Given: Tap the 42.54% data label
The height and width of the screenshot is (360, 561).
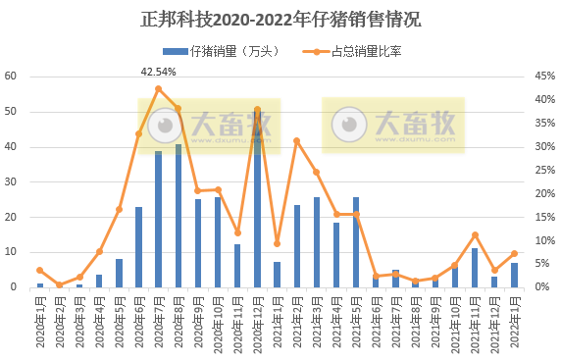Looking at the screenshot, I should point(159,72).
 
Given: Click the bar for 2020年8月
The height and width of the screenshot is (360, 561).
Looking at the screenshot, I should point(178,216).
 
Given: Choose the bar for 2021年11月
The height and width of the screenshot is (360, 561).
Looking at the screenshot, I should point(475,268).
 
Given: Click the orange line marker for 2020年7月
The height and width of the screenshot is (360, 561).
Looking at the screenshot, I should point(159,89).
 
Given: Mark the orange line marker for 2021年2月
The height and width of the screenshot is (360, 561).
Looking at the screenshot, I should point(297,141).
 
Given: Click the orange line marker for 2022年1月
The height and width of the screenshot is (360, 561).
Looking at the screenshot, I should point(514,254).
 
